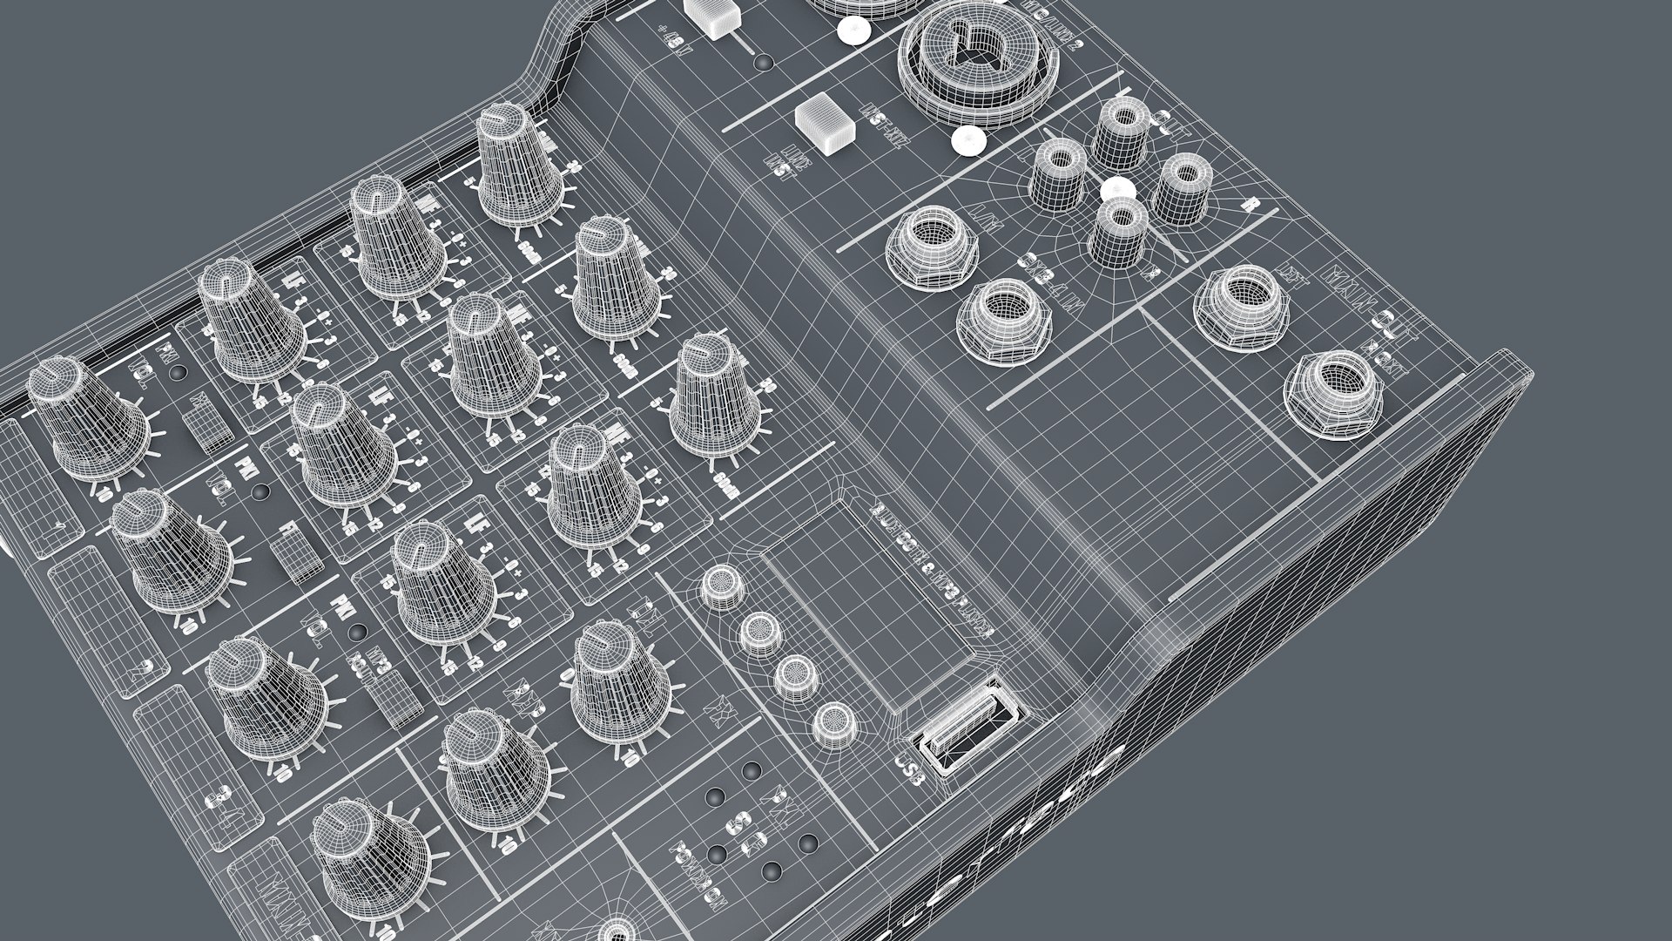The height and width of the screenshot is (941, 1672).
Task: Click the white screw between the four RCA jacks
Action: pos(1117,190)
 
